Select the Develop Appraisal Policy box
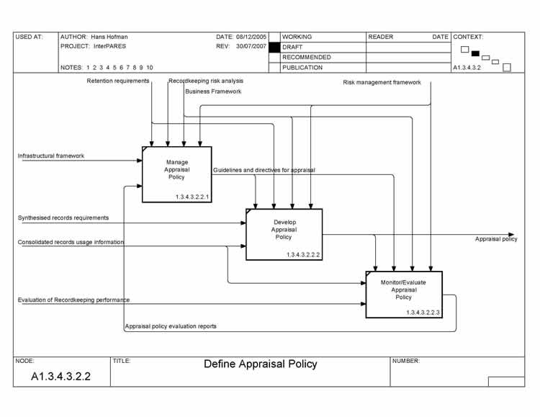pos(284,234)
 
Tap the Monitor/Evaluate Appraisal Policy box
pos(403,294)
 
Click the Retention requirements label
pos(118,81)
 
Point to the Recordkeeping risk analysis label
pos(206,81)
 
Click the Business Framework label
pos(213,91)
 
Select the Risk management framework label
pos(382,83)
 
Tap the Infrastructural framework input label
pos(51,156)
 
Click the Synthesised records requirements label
pos(63,218)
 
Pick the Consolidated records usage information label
pos(71,242)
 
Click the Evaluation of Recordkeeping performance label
pos(73,299)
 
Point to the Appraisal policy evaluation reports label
pos(171,326)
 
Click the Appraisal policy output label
pos(495,239)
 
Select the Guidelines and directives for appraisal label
pos(264,170)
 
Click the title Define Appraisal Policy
pos(260,364)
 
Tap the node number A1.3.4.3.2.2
pos(60,376)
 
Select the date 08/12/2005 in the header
pos(252,37)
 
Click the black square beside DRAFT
pos(274,47)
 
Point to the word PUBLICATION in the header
pos(302,68)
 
